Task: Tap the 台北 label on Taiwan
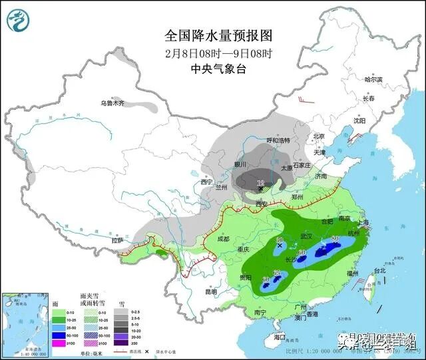click(x=379, y=271)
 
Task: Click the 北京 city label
click(x=318, y=136)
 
